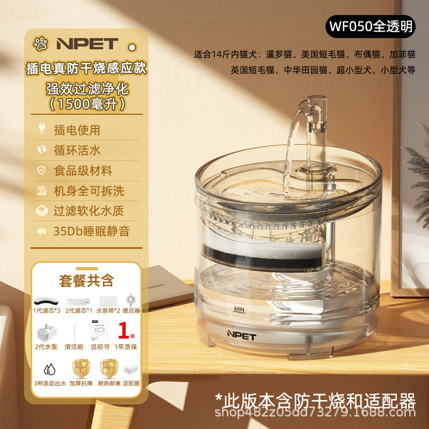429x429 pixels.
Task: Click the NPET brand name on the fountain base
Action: coord(241,335)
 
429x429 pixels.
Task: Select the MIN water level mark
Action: coord(239,309)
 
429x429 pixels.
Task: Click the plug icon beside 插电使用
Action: coord(41,129)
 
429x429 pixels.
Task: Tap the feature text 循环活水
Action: coord(77,150)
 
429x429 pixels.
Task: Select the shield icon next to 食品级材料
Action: coord(41,171)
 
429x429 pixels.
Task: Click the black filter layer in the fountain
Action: coord(282,257)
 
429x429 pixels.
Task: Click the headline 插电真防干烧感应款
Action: coord(86,68)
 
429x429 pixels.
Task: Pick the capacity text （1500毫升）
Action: coord(86,103)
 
